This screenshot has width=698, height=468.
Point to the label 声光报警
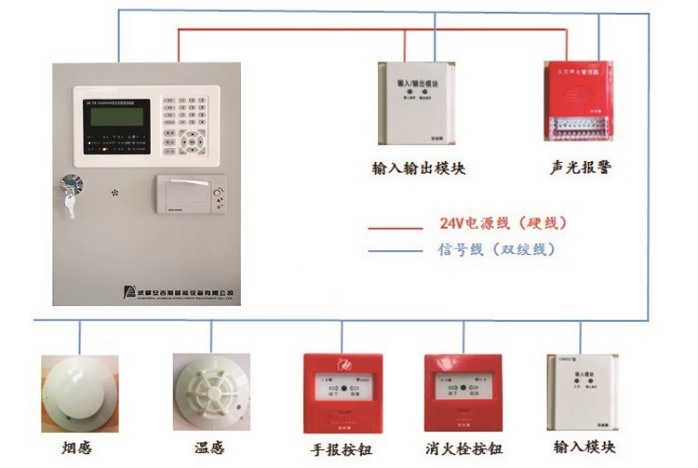pos(581,168)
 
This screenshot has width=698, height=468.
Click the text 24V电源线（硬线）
pos(503,224)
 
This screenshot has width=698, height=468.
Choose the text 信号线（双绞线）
pos(496,249)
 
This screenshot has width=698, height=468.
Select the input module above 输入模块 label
pos(580,389)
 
